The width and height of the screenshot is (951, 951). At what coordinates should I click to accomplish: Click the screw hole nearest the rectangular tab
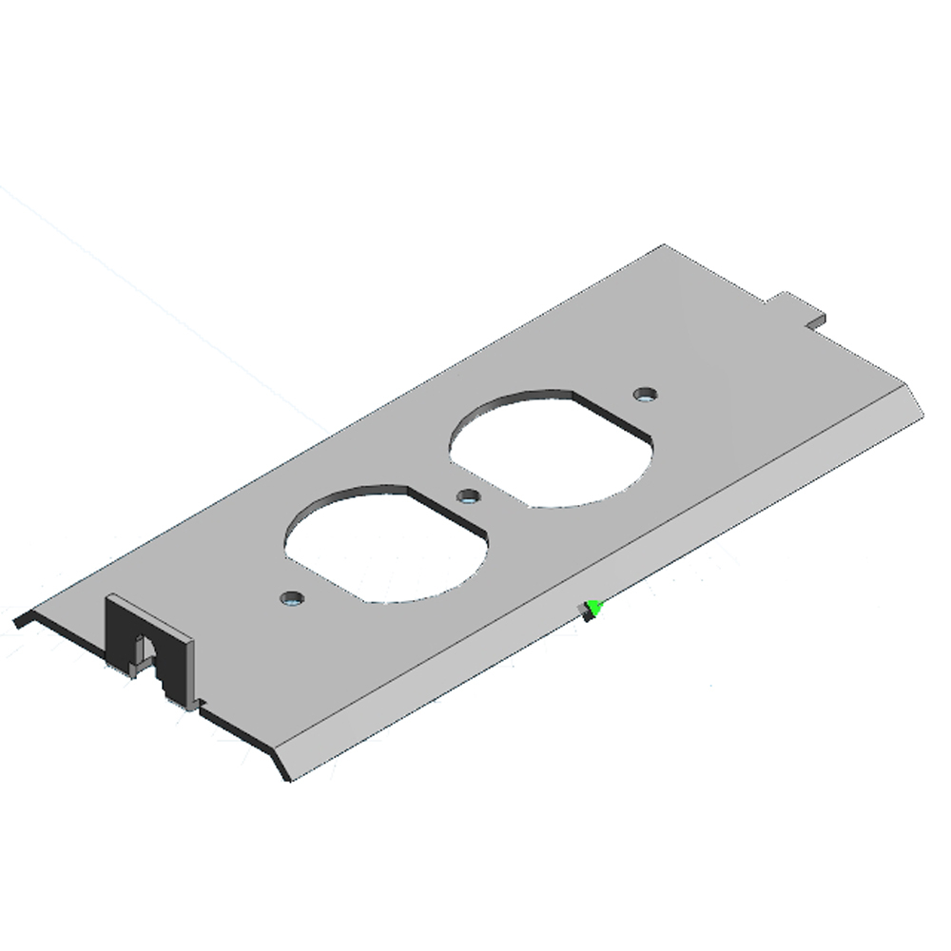click(x=647, y=393)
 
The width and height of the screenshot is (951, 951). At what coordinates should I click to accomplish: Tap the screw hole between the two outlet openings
click(x=468, y=495)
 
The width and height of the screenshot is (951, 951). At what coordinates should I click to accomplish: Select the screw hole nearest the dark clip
click(x=292, y=599)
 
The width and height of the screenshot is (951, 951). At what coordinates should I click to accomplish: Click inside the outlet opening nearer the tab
click(x=552, y=445)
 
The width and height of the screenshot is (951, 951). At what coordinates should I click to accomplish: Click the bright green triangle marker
click(x=595, y=606)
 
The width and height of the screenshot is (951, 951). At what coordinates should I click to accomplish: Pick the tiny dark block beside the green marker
click(x=588, y=615)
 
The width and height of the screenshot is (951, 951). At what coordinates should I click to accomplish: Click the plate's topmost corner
click(x=663, y=246)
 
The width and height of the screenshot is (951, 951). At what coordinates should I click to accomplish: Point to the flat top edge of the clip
click(x=152, y=615)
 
